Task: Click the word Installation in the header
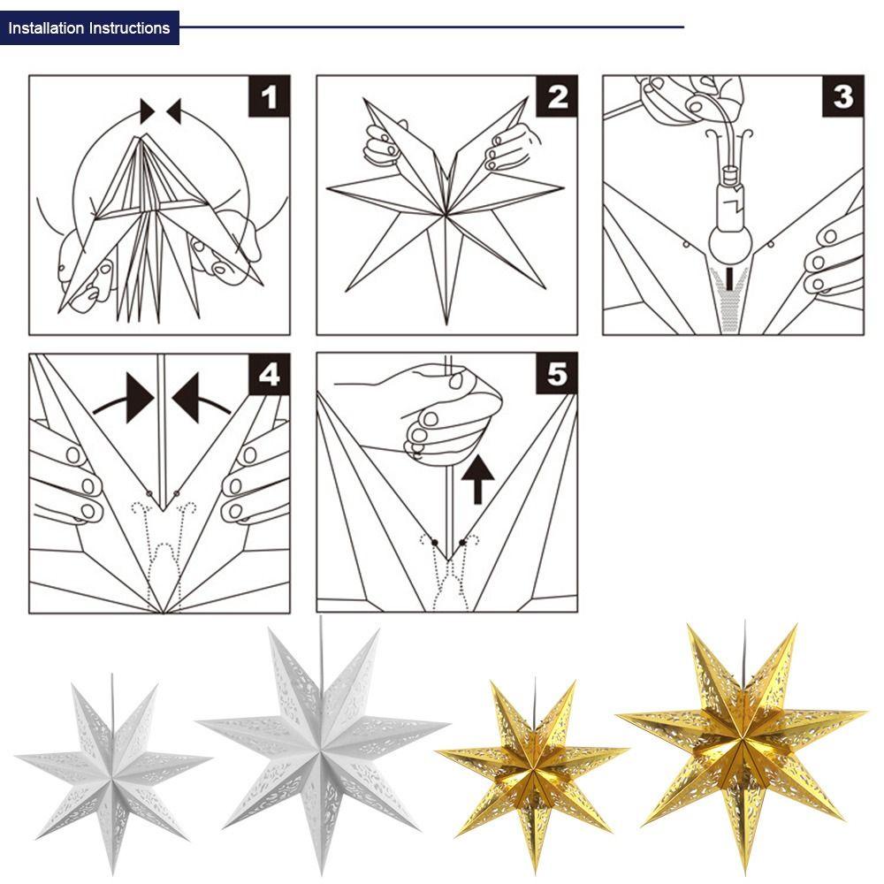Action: pyautogui.click(x=46, y=28)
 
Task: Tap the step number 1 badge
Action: pyautogui.click(x=270, y=96)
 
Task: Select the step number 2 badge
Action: pyautogui.click(x=556, y=96)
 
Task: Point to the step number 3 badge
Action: pyautogui.click(x=842, y=96)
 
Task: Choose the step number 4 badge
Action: pyautogui.click(x=270, y=374)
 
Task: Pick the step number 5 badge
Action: pyautogui.click(x=556, y=374)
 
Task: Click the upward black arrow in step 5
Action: pyautogui.click(x=477, y=479)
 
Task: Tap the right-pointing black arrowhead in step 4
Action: pyautogui.click(x=139, y=398)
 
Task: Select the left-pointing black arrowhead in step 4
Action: pyautogui.click(x=187, y=398)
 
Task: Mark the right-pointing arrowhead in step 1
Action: pyautogui.click(x=147, y=111)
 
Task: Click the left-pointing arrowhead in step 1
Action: pyautogui.click(x=174, y=111)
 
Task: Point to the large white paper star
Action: pyautogui.click(x=322, y=744)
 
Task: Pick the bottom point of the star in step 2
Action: pyautogui.click(x=446, y=324)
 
